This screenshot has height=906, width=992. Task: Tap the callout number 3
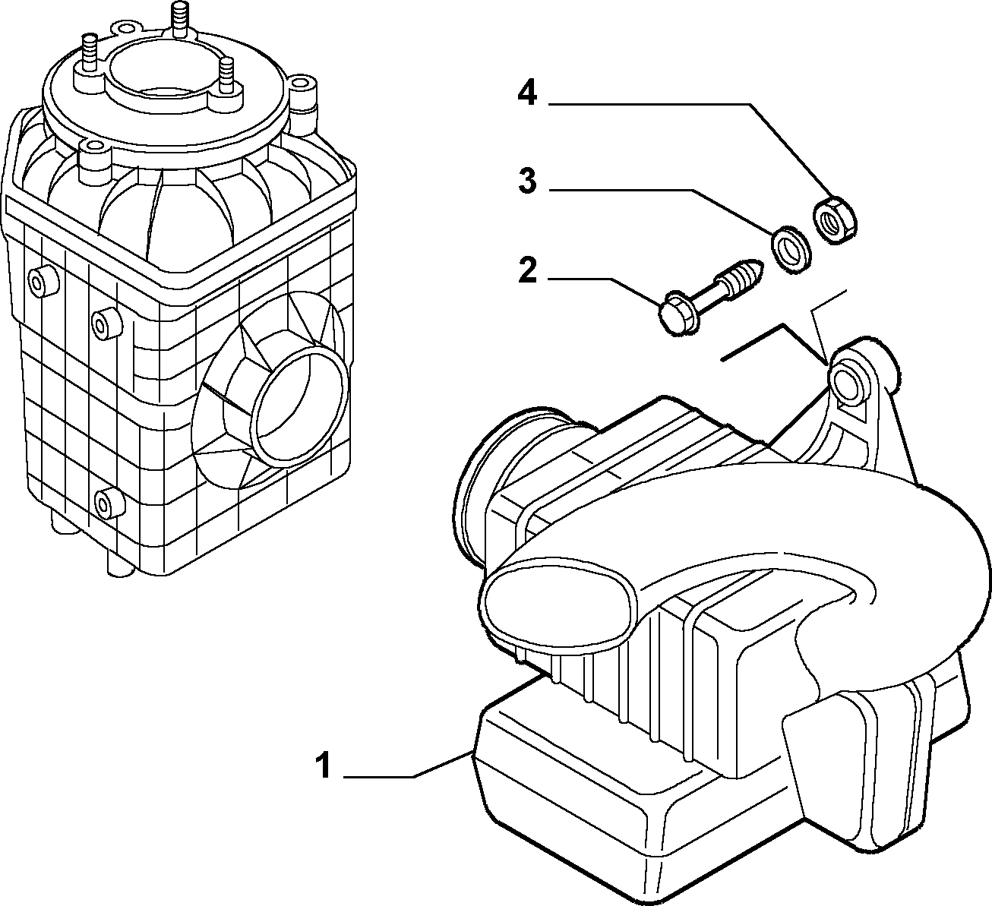[x=528, y=180]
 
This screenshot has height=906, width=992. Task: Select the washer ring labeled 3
[x=791, y=250]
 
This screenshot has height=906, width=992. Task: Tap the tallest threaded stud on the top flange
[x=178, y=17]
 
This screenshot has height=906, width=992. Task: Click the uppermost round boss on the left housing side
[x=43, y=282]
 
